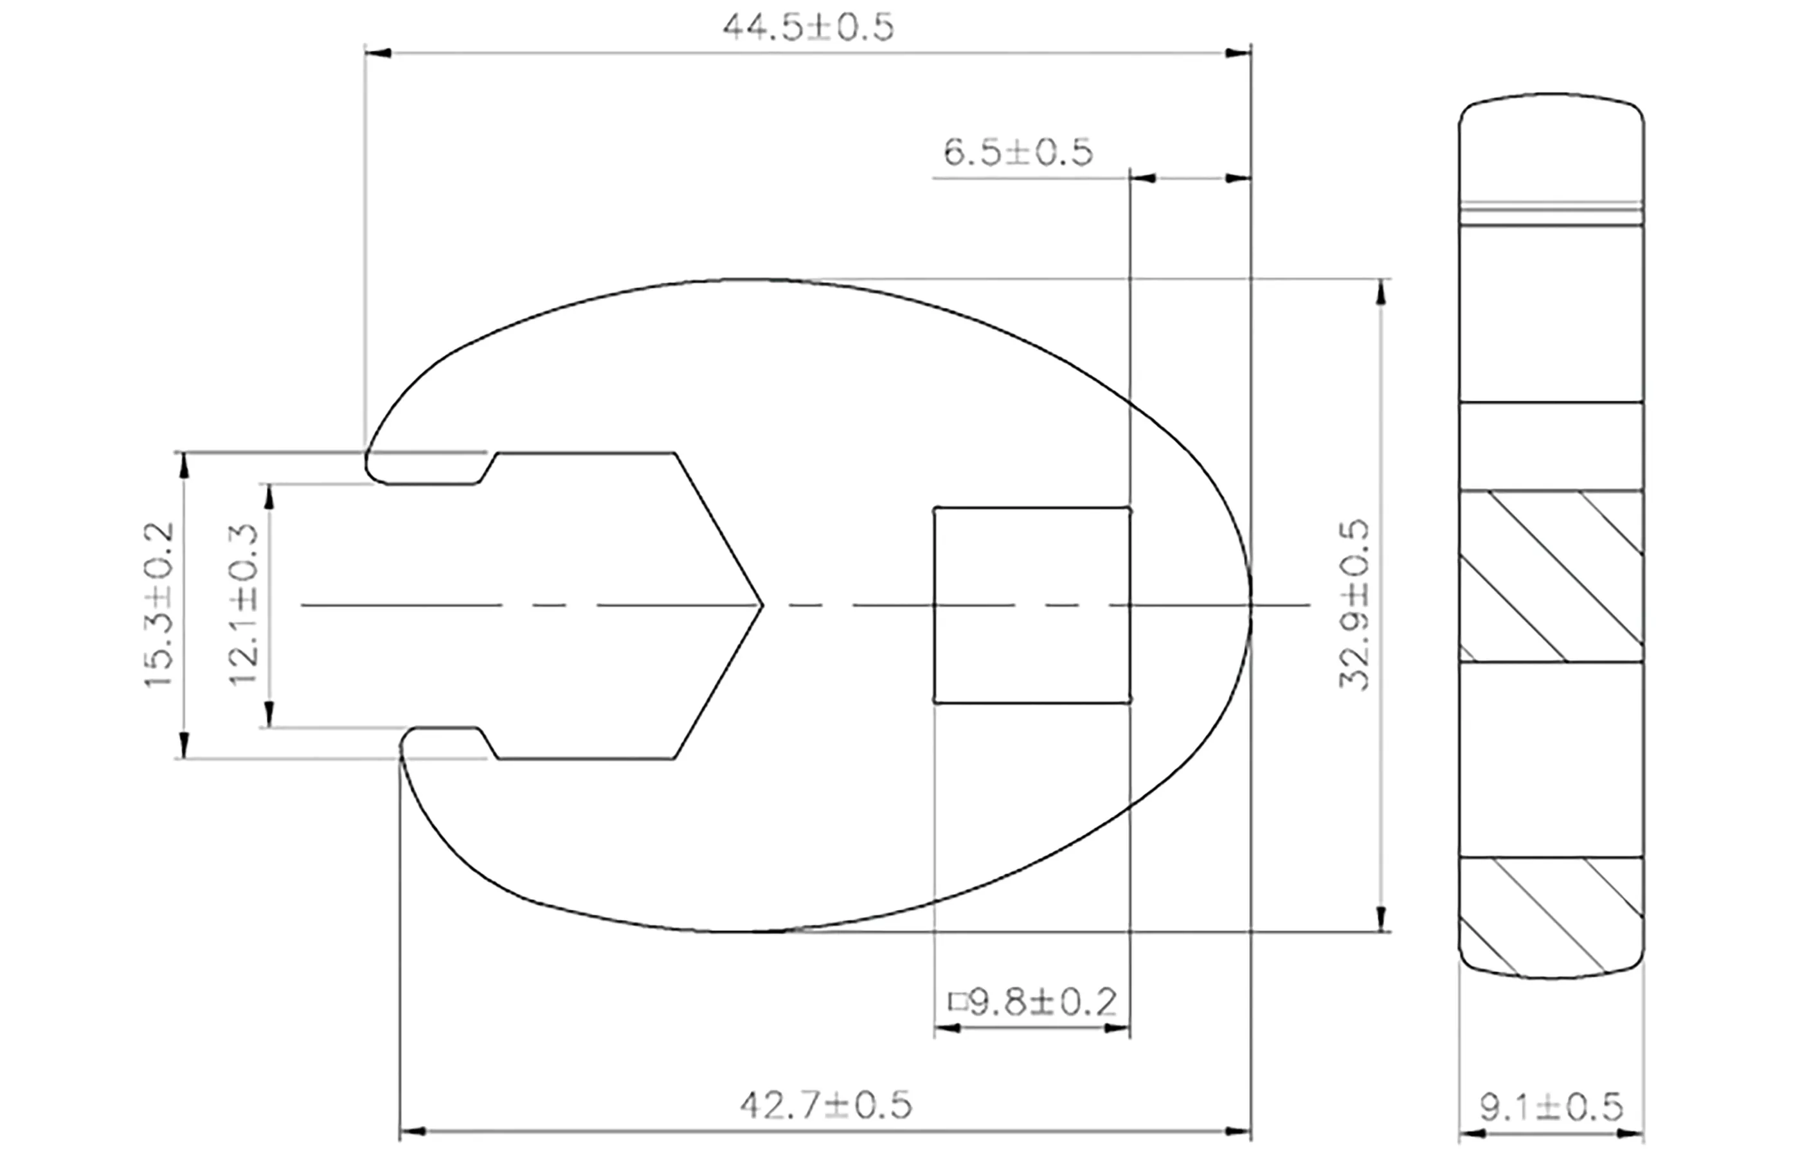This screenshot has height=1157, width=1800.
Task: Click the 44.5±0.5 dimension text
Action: point(807,28)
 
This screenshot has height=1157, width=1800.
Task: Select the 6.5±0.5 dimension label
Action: point(1017,152)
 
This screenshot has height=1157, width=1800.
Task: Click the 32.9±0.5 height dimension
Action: point(1354,605)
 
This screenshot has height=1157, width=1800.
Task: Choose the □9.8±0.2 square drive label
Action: point(1033,1002)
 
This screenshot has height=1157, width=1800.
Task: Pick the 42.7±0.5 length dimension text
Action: point(825,1104)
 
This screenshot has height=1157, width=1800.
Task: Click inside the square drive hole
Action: point(1032,605)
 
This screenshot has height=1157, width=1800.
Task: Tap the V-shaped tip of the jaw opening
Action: point(760,605)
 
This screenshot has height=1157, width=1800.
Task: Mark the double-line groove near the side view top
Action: point(1551,215)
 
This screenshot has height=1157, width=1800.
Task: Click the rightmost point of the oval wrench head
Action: point(1250,605)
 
